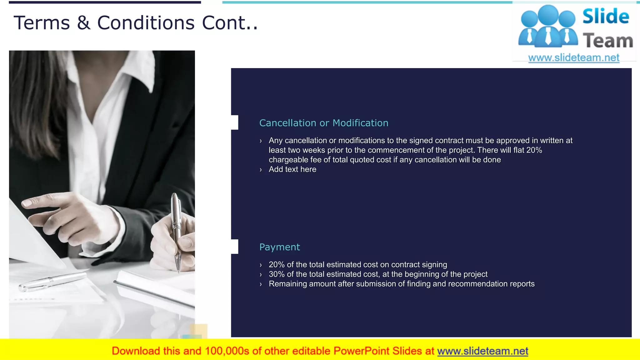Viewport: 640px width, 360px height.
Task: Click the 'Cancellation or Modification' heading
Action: [324, 123]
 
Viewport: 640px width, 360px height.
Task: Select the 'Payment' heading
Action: [279, 247]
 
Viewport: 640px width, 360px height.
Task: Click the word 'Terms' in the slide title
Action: [42, 23]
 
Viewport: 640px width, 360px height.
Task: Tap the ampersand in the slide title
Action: [83, 23]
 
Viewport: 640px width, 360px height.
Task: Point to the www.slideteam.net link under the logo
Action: [574, 58]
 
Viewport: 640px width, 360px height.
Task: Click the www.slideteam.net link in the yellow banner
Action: [482, 351]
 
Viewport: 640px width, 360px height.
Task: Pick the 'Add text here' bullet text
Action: [292, 169]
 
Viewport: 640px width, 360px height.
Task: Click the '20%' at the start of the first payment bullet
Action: [277, 265]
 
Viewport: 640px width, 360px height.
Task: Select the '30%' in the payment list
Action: [277, 274]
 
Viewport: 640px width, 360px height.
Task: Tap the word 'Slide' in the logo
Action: [606, 17]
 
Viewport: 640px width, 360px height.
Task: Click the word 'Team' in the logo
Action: [608, 41]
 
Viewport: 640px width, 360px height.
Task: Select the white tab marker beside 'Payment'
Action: [235, 247]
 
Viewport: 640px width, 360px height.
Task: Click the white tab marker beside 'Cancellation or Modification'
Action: [235, 122]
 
